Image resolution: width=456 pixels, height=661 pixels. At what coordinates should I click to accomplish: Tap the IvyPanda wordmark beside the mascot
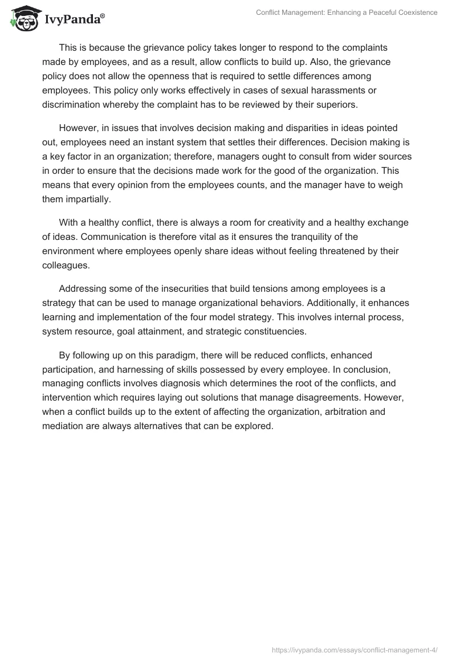tap(73, 19)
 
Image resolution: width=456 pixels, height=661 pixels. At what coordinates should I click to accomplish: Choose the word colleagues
tap(64, 265)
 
